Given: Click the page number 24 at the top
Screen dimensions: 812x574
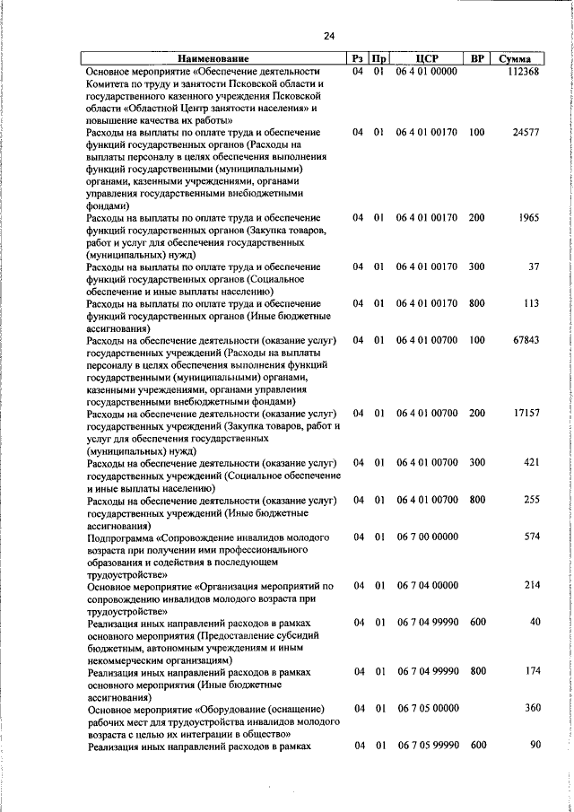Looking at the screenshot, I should coord(328,36).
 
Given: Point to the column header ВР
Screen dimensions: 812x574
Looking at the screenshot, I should coord(477,59).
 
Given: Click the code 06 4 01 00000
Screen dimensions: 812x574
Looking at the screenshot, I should coord(427,72).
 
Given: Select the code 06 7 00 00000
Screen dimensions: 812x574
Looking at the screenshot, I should coord(427,537).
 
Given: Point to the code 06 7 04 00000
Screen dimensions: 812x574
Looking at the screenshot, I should coord(427,586).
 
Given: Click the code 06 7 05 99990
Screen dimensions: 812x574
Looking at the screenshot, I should coord(427,746).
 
